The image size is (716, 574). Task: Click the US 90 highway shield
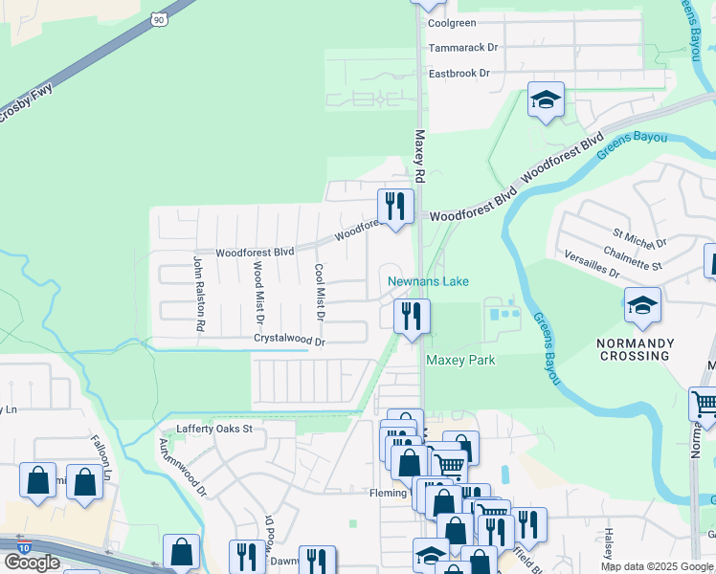[160, 17]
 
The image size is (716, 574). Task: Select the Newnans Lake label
[428, 281]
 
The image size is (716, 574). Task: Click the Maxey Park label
[460, 360]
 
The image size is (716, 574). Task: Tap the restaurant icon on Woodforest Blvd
[394, 206]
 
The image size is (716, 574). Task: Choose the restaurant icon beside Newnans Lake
[413, 317]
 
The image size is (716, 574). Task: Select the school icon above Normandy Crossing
[642, 306]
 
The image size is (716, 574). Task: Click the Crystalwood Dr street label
[290, 340]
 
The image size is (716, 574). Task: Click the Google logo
[32, 562]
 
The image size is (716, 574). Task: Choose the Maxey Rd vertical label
[418, 158]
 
